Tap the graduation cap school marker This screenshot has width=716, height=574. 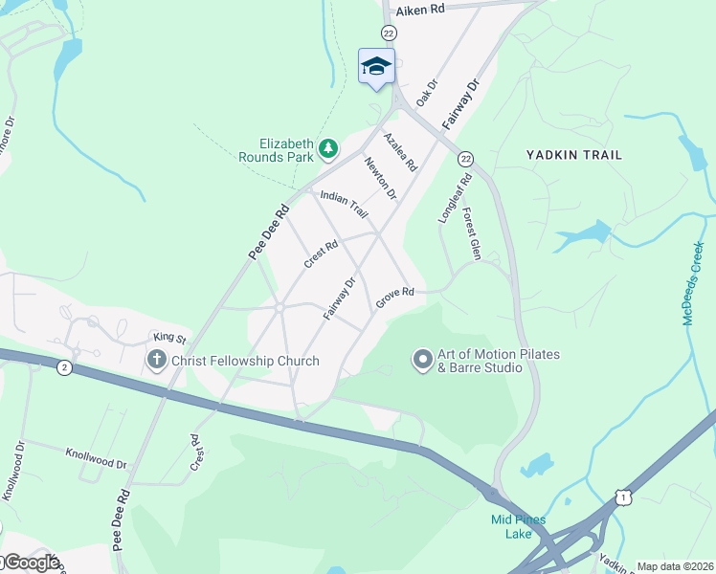point(376,66)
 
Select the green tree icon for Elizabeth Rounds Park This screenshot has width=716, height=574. point(328,147)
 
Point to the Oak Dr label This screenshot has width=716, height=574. point(426,93)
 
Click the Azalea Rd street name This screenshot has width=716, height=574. point(400,152)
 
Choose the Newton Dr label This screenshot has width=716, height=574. point(379,178)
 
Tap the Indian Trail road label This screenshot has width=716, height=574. point(344,204)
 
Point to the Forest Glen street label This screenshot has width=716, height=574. point(470,233)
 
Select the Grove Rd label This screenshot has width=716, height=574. point(394,298)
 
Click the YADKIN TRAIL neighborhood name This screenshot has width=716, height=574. point(574,154)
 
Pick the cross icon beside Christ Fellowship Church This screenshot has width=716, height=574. point(156,361)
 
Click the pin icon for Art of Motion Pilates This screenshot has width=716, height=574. point(422,360)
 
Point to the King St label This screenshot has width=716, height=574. point(168,338)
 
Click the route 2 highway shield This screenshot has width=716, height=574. point(63,367)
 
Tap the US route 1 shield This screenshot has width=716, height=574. point(624,497)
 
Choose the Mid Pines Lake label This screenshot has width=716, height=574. point(518,526)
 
